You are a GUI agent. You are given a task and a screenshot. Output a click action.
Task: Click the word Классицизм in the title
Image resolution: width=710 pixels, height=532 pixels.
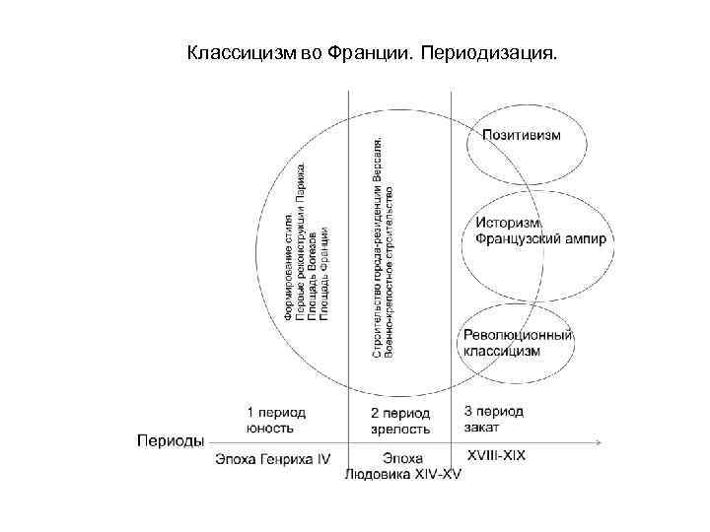[237, 50]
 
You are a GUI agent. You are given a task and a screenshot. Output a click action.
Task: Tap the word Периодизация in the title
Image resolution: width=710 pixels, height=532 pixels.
[487, 50]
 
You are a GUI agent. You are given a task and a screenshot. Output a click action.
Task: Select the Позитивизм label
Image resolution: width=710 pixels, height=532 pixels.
[522, 135]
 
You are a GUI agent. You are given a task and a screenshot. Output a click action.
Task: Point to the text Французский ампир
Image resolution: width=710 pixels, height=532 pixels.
[540, 239]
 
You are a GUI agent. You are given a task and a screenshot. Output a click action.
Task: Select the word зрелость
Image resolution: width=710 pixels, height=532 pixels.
[400, 429]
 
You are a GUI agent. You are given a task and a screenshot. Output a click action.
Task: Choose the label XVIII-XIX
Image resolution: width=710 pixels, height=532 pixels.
[497, 456]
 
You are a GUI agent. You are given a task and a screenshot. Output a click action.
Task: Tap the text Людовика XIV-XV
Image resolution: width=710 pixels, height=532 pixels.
[402, 475]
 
